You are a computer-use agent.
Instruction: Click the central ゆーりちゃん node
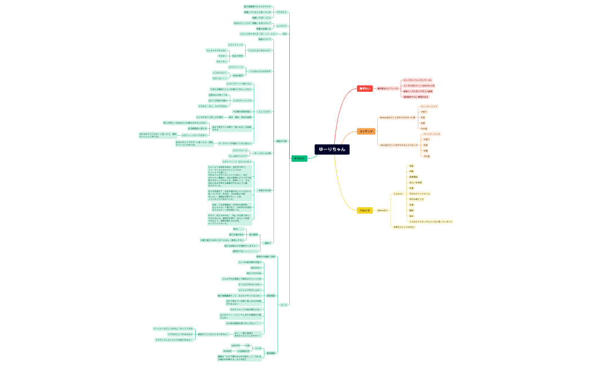tap(332, 149)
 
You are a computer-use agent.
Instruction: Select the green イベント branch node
tap(299, 158)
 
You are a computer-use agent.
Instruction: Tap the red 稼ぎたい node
tap(365, 88)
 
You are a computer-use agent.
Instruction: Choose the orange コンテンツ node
tap(366, 131)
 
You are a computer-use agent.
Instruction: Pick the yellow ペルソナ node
tap(365, 210)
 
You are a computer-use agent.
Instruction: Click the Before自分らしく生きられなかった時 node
tap(397, 117)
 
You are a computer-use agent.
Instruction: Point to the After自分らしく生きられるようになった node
tap(399, 145)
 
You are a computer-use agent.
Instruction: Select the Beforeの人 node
tap(382, 210)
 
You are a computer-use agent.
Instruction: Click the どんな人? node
tap(398, 194)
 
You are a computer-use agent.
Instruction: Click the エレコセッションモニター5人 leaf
tap(417, 81)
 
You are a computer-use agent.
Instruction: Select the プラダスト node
tap(282, 12)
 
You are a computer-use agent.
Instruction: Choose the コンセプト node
tap(281, 26)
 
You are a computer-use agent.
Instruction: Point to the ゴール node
tap(284, 305)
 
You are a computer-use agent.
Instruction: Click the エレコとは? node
tap(264, 111)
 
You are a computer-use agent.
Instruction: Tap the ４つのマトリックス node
tap(241, 100)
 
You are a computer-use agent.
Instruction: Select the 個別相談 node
tap(271, 295)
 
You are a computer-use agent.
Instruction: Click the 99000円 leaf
tap(227, 351)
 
